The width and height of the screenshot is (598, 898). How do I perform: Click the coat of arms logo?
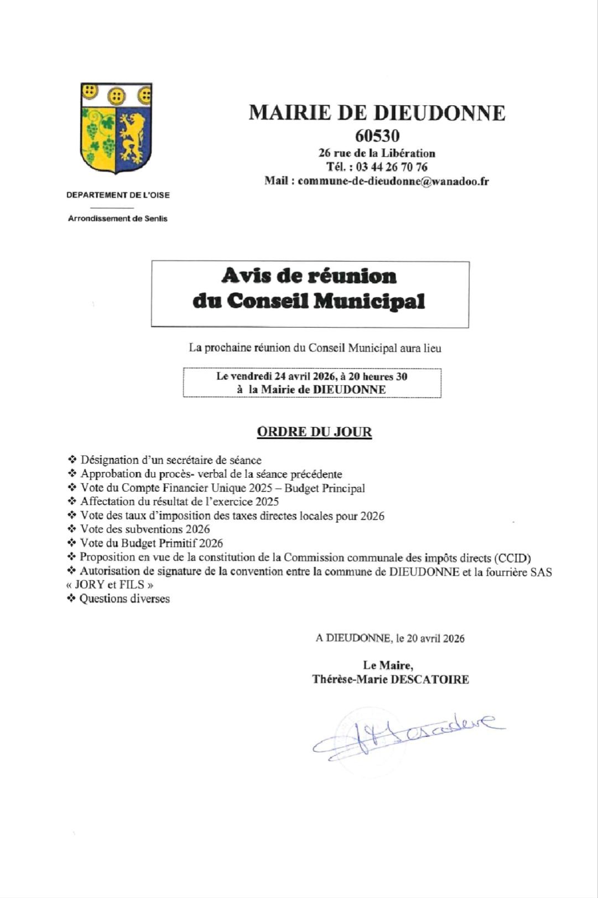click(117, 129)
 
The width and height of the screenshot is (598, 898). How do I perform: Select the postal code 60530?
click(377, 136)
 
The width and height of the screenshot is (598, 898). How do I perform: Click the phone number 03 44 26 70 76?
click(391, 167)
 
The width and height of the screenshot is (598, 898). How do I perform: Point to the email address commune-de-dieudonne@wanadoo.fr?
click(393, 181)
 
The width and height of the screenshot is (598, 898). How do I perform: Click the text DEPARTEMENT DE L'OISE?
click(118, 195)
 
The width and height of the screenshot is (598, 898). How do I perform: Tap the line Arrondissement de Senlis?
click(117, 219)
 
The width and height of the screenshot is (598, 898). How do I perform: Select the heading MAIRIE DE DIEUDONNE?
click(377, 112)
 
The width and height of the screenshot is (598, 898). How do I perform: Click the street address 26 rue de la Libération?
click(377, 153)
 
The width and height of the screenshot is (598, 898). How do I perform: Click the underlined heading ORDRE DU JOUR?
click(314, 432)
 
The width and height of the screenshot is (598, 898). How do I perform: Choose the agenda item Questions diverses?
click(124, 598)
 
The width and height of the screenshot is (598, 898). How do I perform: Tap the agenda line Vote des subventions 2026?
click(145, 529)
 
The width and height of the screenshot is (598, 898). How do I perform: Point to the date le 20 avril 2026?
click(430, 638)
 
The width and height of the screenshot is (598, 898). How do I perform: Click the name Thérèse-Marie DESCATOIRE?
click(391, 679)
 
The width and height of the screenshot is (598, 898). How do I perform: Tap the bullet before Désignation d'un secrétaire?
click(72, 460)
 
